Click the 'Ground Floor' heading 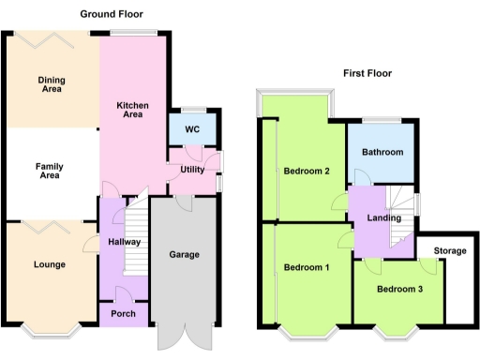(x=112, y=14)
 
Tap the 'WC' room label (x=192, y=129)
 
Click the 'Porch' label (x=123, y=313)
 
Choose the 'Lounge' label (x=49, y=264)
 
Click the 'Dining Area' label (x=51, y=85)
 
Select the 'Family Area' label (x=49, y=171)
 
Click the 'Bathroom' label (x=384, y=152)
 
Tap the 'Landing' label (x=384, y=218)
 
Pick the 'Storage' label (x=450, y=250)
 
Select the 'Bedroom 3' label (x=399, y=289)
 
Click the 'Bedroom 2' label (x=307, y=171)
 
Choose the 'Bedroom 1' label (x=307, y=268)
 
